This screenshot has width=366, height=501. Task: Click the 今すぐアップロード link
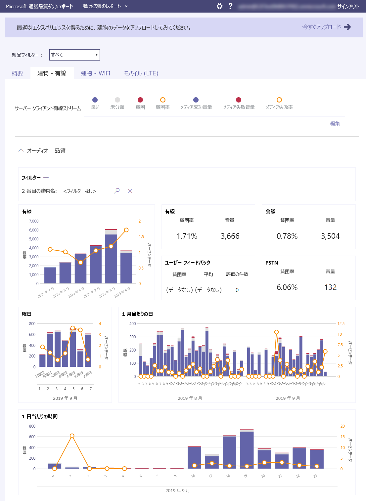pos(326,27)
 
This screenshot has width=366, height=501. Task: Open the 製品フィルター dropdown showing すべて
pos(74,55)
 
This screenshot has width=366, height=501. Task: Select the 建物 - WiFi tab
pos(95,73)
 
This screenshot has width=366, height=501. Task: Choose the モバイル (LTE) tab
pos(141,73)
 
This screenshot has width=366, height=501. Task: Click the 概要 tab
pos(17,73)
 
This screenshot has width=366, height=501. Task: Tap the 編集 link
pos(335,123)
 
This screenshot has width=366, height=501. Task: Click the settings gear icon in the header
pos(219,6)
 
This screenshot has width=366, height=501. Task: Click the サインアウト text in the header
pos(348,6)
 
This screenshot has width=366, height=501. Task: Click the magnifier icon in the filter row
pos(117,191)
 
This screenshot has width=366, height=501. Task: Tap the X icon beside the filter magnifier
pos(130,191)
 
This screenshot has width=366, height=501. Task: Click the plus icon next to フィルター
pos(46,178)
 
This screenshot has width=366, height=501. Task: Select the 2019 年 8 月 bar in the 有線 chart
pos(111,258)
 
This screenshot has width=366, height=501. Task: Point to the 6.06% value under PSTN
pos(287,287)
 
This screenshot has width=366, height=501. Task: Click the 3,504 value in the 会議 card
pos(330,236)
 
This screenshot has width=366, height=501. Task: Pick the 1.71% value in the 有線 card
pos(187,236)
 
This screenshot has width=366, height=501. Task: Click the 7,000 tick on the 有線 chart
pos(34,221)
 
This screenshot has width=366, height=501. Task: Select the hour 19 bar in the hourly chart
pos(247,450)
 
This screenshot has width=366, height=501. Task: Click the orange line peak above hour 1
pos(72,436)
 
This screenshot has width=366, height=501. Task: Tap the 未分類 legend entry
pos(117,103)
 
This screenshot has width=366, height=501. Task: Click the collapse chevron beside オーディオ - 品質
pos(21,150)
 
